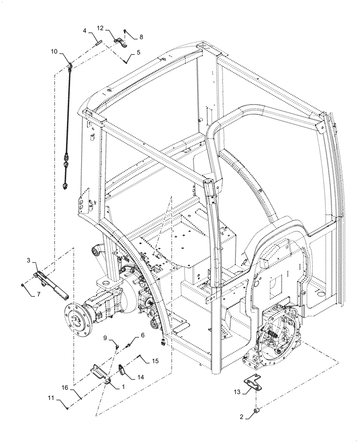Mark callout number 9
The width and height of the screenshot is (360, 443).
[106, 338]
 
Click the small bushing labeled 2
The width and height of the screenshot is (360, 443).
[256, 413]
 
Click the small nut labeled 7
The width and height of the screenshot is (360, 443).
[23, 285]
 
